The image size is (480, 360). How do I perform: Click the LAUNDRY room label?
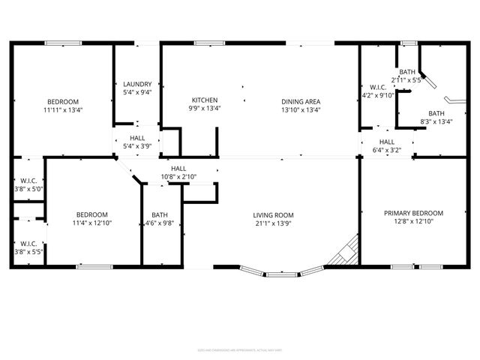coord(137,84)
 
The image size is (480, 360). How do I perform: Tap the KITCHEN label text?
coord(205,100)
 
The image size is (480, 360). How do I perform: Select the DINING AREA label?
coord(301,101)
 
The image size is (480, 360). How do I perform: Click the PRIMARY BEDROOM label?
coord(413,213)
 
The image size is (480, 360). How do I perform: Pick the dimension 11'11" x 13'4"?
coord(63,109)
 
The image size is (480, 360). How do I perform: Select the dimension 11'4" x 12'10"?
coord(90,222)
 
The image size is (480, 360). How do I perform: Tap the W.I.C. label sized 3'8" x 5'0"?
coord(28,181)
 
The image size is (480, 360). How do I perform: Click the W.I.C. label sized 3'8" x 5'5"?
coord(28,243)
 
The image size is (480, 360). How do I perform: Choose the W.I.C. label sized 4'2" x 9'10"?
coord(377,87)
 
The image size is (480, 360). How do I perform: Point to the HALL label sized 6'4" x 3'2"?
coord(387,142)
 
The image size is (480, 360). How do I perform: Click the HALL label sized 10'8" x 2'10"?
coord(178,169)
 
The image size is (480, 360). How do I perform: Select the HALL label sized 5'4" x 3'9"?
coord(137,138)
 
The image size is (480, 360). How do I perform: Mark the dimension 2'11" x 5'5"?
coord(407,79)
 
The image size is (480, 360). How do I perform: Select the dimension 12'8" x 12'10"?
coord(413,221)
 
